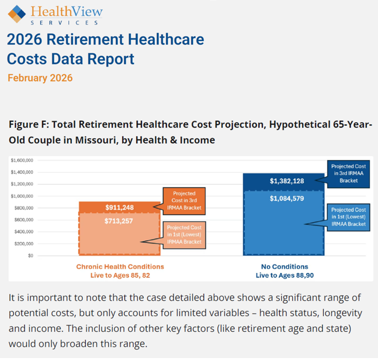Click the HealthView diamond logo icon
[x=17, y=13]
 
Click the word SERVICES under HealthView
[x=65, y=23]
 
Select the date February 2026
[x=40, y=78]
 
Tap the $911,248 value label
[x=119, y=207]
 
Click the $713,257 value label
[x=119, y=220]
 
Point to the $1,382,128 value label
[x=283, y=180]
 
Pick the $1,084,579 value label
[x=283, y=198]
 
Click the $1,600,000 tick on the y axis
[x=21, y=160]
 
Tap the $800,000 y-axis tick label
[x=23, y=208]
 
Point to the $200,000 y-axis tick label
[x=23, y=243]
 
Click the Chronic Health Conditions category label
[x=120, y=266]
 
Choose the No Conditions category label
[x=284, y=266]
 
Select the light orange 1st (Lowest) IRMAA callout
[x=184, y=233]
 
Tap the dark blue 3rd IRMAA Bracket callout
[x=348, y=173]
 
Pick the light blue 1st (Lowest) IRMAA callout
[x=348, y=217]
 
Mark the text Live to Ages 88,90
[x=284, y=275]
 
